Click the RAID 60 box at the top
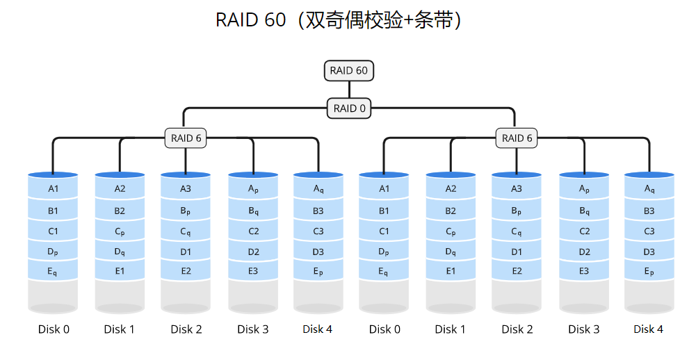pos(349,70)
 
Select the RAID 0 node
pos(349,108)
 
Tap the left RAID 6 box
pos(186,138)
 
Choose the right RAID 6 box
pos(517,138)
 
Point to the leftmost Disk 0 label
pos(54,329)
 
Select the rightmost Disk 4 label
pos(649,329)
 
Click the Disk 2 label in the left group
pos(186,329)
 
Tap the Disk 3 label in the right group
pos(583,329)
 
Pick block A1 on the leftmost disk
pos(53,188)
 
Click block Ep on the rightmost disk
pos(649,272)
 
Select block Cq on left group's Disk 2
pos(186,231)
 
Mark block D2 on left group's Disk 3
pos(253,252)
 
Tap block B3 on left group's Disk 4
pos(318,211)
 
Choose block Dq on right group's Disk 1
pos(451,252)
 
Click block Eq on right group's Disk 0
pos(384,272)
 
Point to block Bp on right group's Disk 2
pos(517,211)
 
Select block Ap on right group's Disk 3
pos(584,188)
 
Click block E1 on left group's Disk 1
pos(120,271)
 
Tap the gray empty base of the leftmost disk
pos(53,295)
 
